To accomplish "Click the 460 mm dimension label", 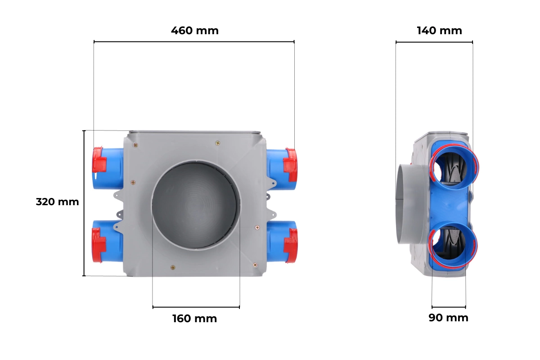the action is [x=195, y=31].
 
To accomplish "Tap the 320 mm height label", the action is [x=58, y=202].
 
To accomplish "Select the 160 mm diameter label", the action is [x=195, y=319].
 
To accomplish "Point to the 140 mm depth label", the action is [x=440, y=31].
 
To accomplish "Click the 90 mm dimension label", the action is [x=448, y=318].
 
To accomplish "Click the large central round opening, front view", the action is [x=196, y=205].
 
